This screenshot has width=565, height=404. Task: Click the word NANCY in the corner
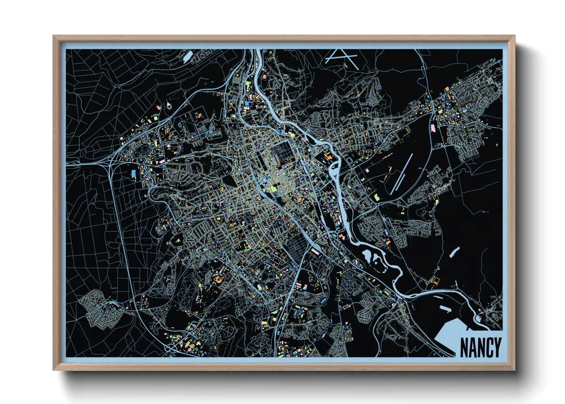(480, 347)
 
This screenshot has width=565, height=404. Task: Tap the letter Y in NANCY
(497, 347)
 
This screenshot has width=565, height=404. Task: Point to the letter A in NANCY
(472, 347)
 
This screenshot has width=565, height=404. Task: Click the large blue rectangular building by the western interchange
(134, 173)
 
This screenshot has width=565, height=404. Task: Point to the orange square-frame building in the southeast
(434, 281)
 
